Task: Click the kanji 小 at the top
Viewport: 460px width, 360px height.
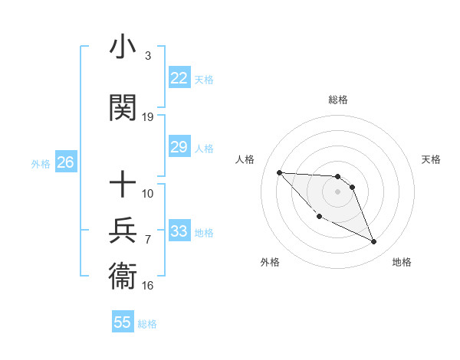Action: pyautogui.click(x=123, y=47)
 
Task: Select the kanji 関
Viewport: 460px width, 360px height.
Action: pyautogui.click(x=123, y=108)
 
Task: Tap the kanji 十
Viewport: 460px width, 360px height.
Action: pyautogui.click(x=123, y=185)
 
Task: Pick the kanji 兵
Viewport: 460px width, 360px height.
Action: pyautogui.click(x=123, y=231)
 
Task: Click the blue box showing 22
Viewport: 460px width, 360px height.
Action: pyautogui.click(x=179, y=78)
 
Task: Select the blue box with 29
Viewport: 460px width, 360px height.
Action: pyautogui.click(x=179, y=147)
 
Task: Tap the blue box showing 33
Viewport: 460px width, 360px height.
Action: pyautogui.click(x=179, y=231)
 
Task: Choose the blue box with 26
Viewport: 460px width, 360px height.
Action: pyautogui.click(x=65, y=162)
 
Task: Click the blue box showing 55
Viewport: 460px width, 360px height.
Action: pyautogui.click(x=123, y=322)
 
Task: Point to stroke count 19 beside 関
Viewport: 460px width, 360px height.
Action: pyautogui.click(x=148, y=117)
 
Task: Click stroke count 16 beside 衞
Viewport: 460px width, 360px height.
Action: pyautogui.click(x=148, y=286)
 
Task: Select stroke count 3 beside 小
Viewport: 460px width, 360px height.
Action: pyautogui.click(x=147, y=56)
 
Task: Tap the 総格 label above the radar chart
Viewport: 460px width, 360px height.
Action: pyautogui.click(x=338, y=100)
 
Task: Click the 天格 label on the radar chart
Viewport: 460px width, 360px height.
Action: pyautogui.click(x=432, y=159)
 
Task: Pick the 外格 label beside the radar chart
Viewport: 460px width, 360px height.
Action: pyautogui.click(x=270, y=262)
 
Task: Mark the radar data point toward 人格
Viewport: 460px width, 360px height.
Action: pyautogui.click(x=279, y=172)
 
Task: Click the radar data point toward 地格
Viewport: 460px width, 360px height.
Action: pyautogui.click(x=374, y=242)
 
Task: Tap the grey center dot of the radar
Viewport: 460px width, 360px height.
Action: pyautogui.click(x=338, y=191)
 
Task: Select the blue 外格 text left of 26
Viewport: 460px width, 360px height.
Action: pyautogui.click(x=41, y=163)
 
